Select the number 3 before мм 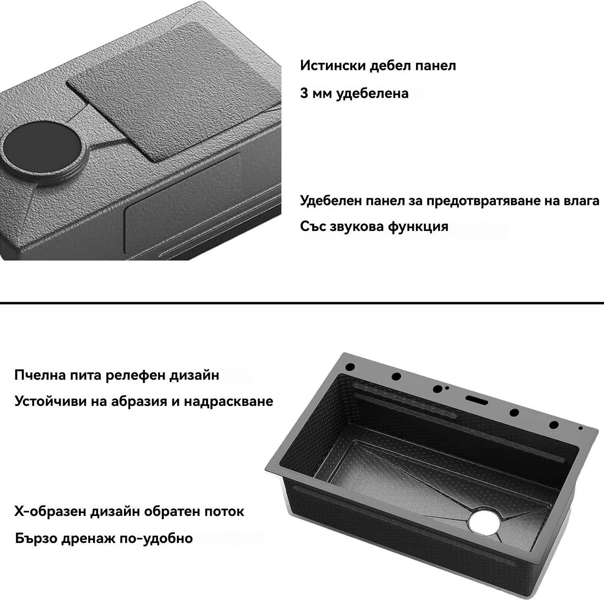pos(304,93)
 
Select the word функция pos(418,227)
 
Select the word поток pos(224,512)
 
